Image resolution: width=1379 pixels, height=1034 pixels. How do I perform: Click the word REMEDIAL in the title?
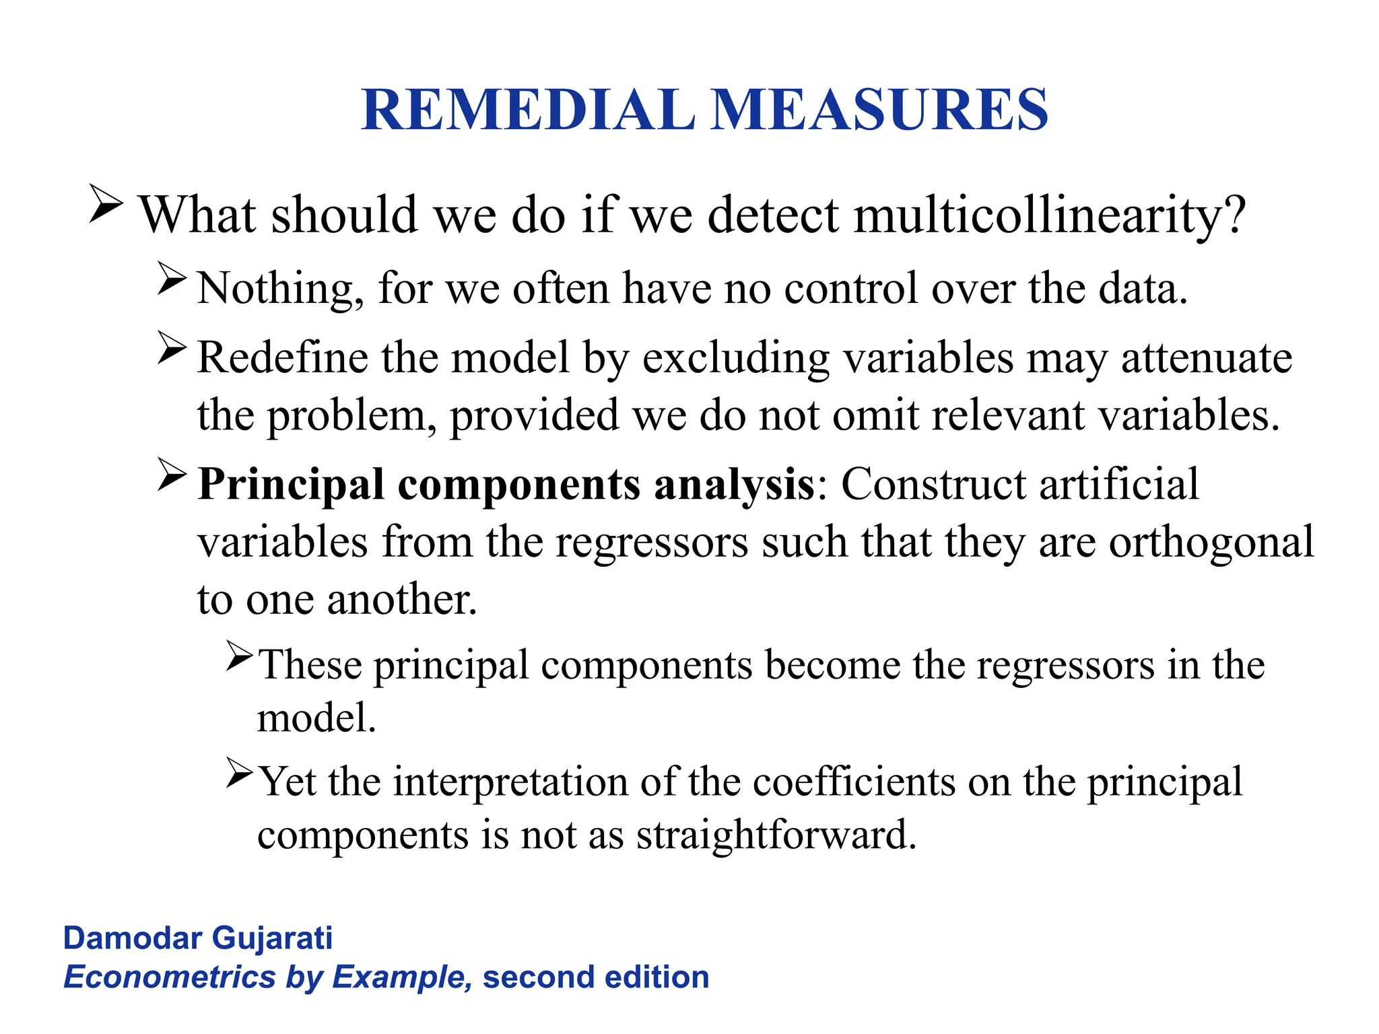click(529, 110)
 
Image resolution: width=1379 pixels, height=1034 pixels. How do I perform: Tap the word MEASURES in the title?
click(879, 110)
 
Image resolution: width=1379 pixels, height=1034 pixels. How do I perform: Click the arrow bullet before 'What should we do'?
click(106, 205)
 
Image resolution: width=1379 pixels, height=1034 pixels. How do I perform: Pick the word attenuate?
click(1206, 358)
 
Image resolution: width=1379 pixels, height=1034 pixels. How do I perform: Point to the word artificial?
click(1118, 484)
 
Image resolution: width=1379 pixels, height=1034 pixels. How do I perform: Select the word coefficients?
click(854, 782)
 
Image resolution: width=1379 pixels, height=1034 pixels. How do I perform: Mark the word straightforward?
click(776, 836)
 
